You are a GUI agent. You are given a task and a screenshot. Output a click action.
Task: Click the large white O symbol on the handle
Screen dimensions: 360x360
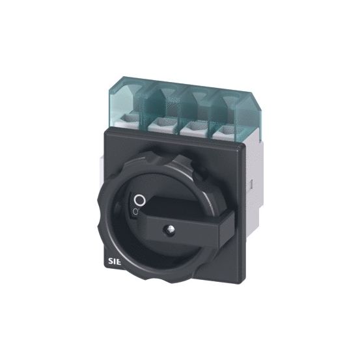pyautogui.click(x=138, y=199)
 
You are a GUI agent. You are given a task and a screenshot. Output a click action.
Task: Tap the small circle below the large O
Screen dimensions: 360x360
pyautogui.click(x=135, y=212)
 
